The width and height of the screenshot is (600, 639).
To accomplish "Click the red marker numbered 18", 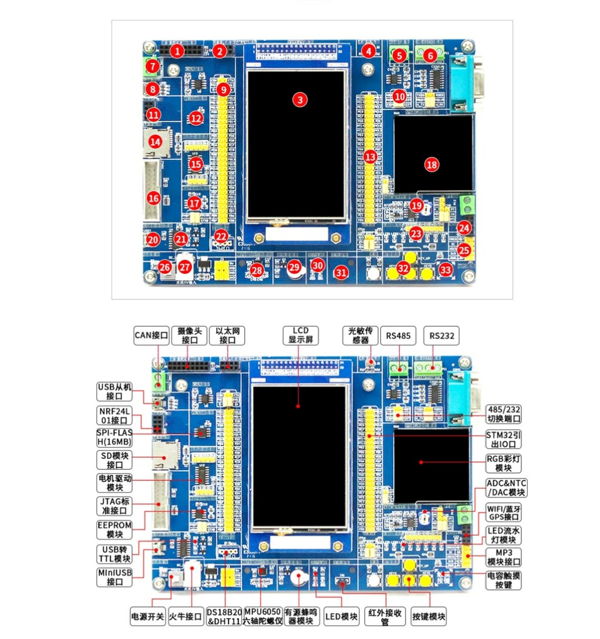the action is click(431, 164).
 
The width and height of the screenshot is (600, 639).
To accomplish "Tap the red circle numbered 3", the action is click(301, 99).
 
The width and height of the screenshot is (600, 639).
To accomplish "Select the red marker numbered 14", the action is click(155, 141).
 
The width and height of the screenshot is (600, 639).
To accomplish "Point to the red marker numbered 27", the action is click(184, 268).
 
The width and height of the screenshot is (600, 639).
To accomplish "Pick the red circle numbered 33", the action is click(445, 270).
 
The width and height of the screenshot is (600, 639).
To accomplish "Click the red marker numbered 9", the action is click(223, 89).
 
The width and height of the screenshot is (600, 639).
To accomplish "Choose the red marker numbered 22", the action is click(221, 237).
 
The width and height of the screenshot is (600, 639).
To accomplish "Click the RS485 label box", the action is click(398, 336).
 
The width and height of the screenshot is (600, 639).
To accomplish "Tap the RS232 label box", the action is click(441, 336).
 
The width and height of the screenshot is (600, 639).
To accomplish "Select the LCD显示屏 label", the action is click(301, 335).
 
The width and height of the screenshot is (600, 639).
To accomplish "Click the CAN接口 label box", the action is click(151, 335).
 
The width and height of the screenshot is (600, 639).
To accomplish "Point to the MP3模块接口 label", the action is click(504, 557).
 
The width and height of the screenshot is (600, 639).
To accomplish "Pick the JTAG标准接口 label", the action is click(115, 505).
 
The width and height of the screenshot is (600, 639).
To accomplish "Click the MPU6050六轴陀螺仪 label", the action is click(262, 617).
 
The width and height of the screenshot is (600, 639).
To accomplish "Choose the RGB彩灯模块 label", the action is click(504, 463).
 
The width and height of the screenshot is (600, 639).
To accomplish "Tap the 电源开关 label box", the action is click(147, 617).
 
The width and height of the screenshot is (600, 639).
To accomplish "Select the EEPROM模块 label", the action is click(115, 530).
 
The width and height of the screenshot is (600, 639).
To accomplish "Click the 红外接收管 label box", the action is click(385, 617).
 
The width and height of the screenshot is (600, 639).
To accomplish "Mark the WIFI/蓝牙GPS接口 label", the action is click(504, 513).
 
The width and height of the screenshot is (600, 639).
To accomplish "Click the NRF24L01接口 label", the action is click(115, 416).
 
